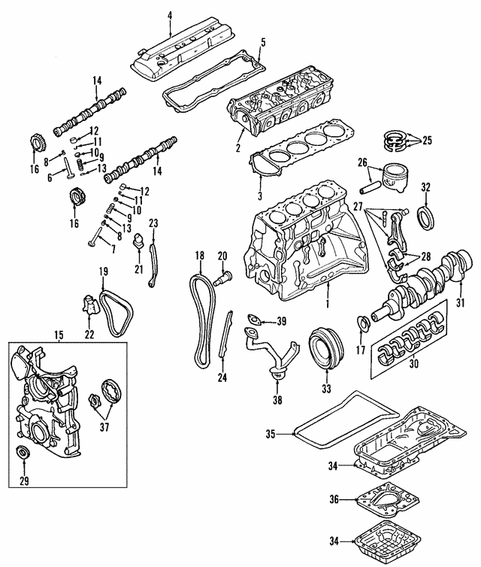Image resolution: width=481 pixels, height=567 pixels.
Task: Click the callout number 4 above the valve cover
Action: click(170, 16)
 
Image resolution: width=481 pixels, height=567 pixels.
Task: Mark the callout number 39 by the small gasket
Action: click(281, 322)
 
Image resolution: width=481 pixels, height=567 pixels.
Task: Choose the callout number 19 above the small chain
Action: click(104, 271)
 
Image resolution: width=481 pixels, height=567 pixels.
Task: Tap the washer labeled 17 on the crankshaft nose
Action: click(363, 324)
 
